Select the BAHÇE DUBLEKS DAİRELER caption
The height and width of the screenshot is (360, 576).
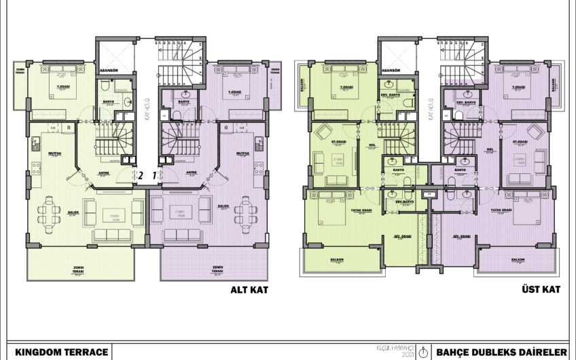click(x=501, y=351)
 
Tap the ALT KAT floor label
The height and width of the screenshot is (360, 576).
click(x=247, y=289)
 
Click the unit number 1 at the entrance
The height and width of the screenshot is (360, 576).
click(x=154, y=175)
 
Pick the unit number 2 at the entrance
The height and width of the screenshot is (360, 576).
click(x=141, y=175)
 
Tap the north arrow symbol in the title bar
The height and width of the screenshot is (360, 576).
click(x=424, y=351)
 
